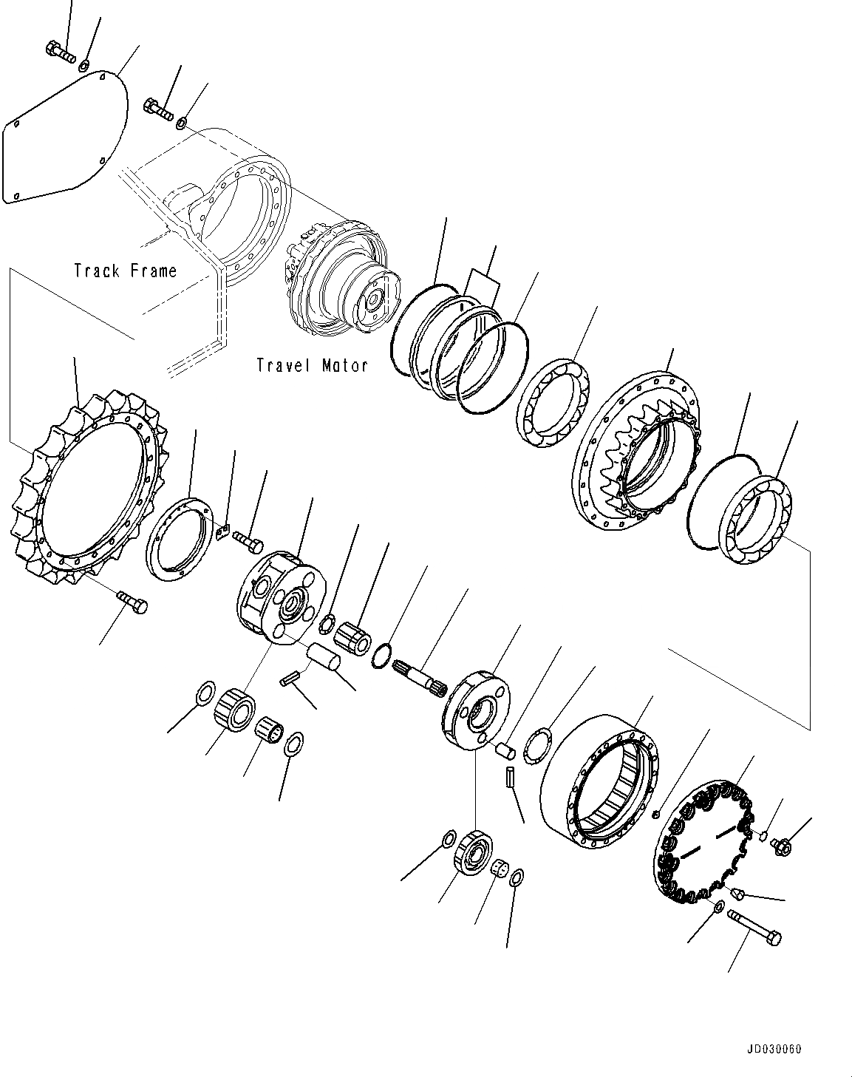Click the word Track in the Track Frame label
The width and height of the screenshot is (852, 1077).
[96, 271]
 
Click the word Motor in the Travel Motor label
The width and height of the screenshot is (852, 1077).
[344, 365]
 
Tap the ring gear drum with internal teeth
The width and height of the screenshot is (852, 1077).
[598, 784]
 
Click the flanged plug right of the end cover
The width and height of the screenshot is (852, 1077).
[780, 846]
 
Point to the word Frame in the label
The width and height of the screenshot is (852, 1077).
[153, 271]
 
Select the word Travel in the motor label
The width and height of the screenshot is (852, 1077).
[283, 365]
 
